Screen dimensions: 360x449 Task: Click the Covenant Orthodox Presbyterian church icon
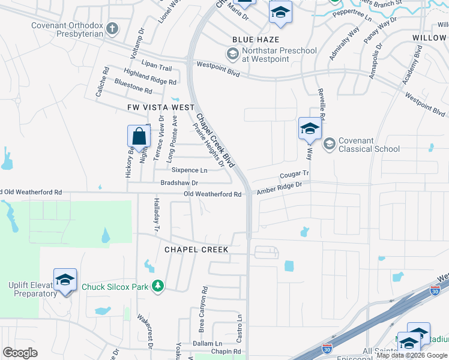112,28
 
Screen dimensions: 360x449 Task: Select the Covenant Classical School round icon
329,144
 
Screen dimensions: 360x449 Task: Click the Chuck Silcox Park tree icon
158,287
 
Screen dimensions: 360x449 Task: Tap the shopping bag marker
139,136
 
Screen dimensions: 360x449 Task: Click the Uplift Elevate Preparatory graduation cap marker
65,280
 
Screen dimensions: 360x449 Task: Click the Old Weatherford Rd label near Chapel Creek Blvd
212,194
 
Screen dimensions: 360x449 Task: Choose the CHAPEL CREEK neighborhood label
196,249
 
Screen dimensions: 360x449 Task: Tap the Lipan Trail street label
157,68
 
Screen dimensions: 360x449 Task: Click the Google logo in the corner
20,353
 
